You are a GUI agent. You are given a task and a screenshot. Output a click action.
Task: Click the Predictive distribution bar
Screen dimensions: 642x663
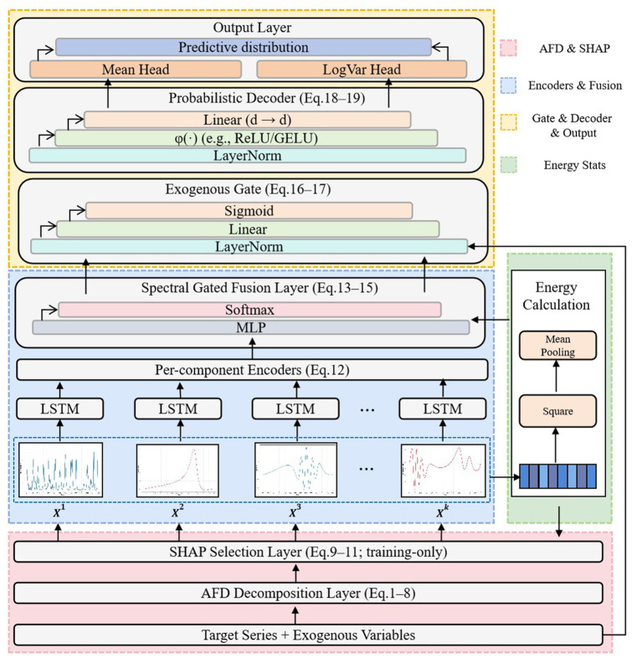[244, 47]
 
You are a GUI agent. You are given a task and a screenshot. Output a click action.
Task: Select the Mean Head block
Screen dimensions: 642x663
[136, 69]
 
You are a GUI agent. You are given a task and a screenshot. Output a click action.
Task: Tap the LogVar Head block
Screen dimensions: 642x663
[362, 69]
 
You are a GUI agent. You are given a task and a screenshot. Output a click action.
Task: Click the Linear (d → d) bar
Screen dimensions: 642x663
[247, 120]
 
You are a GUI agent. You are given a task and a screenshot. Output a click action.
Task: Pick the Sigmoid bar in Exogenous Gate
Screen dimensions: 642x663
[249, 211]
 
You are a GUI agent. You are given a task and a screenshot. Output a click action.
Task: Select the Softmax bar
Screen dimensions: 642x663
[249, 310]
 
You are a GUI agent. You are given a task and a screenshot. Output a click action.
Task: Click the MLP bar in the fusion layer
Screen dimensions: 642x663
[251, 327]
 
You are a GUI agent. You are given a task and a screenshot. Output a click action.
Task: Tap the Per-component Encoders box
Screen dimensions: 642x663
[252, 370]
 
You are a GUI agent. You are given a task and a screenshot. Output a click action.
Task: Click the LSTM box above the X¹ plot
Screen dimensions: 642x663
[60, 409]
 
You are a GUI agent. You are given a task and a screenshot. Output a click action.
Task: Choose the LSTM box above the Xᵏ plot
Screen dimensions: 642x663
[443, 409]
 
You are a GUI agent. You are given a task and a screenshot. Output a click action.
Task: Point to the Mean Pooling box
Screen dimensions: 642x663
[558, 346]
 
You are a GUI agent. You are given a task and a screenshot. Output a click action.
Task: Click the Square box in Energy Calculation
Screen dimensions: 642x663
[558, 411]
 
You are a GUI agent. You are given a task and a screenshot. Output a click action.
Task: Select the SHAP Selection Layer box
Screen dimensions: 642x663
[309, 552]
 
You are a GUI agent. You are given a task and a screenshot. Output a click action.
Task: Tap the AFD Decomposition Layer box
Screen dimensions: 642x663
[309, 593]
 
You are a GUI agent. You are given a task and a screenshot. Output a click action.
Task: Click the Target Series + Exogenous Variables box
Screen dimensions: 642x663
[309, 635]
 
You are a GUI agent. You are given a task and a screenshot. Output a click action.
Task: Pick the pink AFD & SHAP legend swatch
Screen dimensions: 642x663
[508, 48]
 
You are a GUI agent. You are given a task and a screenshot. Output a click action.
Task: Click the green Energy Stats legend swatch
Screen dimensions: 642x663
[508, 165]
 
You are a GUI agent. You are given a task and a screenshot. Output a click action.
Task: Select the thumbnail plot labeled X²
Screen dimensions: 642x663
[177, 470]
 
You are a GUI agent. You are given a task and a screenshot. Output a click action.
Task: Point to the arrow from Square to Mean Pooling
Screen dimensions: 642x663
[556, 377]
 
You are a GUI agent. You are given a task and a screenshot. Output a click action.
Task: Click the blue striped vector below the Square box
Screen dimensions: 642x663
[558, 476]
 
